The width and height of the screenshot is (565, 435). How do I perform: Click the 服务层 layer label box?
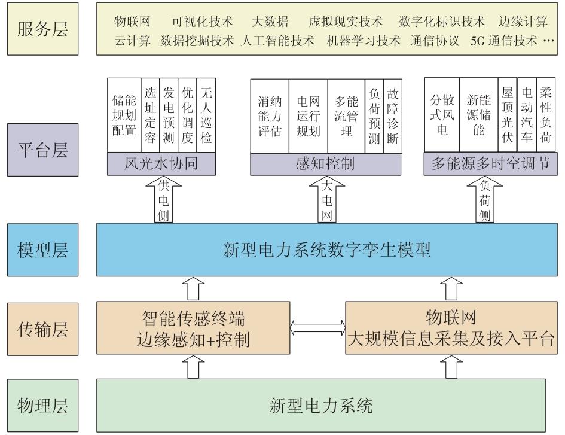pyautogui.click(x=43, y=29)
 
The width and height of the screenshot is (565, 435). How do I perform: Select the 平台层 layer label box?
pyautogui.click(x=43, y=150)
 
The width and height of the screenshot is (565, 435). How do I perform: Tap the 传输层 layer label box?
pyautogui.click(x=43, y=329)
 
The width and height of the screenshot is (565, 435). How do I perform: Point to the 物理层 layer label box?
pyautogui.click(x=43, y=406)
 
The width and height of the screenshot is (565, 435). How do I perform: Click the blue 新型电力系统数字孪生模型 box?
pyautogui.click(x=327, y=250)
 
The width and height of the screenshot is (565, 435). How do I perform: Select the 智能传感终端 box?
pyautogui.click(x=193, y=328)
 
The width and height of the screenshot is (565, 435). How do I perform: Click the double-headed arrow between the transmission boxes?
pyautogui.click(x=318, y=327)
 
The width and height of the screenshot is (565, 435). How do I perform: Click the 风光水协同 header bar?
pyautogui.click(x=161, y=164)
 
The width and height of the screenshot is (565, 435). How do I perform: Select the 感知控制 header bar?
pyautogui.click(x=326, y=164)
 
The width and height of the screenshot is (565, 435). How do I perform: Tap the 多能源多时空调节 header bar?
pyautogui.click(x=490, y=163)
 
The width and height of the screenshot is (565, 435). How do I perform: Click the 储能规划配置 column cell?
pyautogui.click(x=124, y=115)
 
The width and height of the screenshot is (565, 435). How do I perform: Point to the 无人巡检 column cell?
pyautogui.click(x=206, y=115)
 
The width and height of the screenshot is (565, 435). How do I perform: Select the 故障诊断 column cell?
pyautogui.click(x=392, y=116)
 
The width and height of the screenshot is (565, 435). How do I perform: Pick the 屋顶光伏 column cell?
pyautogui.click(x=508, y=115)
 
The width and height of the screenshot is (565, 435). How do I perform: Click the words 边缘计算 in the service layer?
pyautogui.click(x=523, y=22)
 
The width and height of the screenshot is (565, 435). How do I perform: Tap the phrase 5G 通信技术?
pyautogui.click(x=504, y=41)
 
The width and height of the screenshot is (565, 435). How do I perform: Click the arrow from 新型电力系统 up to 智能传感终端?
pyautogui.click(x=193, y=366)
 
